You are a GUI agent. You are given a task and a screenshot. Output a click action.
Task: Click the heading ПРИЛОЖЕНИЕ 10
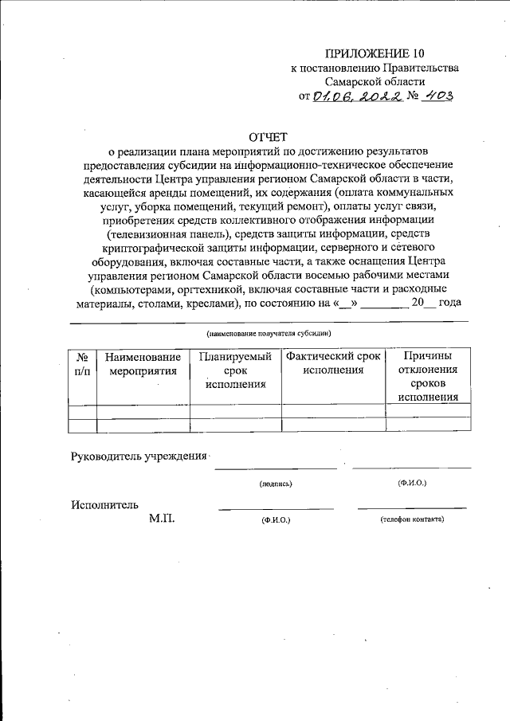[x=375, y=53]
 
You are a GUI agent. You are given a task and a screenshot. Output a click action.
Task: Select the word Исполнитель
[x=104, y=504]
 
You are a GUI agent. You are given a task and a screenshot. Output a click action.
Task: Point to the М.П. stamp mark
[x=162, y=519]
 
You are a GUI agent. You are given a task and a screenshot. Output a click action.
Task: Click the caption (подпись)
[x=276, y=484]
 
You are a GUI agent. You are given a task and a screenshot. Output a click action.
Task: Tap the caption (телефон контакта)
[x=412, y=519]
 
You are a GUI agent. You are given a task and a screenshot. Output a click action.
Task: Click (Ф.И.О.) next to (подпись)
[x=412, y=483]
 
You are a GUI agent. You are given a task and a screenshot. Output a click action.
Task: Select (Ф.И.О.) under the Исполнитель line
[x=276, y=519]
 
